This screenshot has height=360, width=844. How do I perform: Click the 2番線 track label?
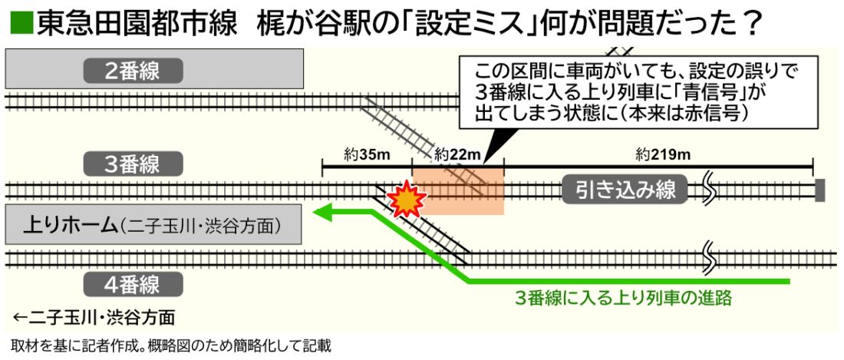[133, 71]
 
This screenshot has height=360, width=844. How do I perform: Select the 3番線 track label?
[133, 163]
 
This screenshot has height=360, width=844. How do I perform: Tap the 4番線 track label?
[133, 284]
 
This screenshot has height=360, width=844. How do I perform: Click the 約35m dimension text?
[367, 154]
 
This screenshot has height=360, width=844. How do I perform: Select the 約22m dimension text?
[457, 154]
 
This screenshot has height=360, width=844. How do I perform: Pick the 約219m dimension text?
[663, 154]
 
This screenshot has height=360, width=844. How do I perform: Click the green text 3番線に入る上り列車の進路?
[623, 298]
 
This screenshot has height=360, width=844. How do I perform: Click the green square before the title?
[21, 24]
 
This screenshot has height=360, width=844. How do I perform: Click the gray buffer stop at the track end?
[819, 190]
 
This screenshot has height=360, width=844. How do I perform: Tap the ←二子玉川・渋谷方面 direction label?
[94, 316]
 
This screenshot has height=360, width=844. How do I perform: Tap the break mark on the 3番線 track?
[711, 189]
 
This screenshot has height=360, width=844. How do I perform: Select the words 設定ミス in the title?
[460, 24]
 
